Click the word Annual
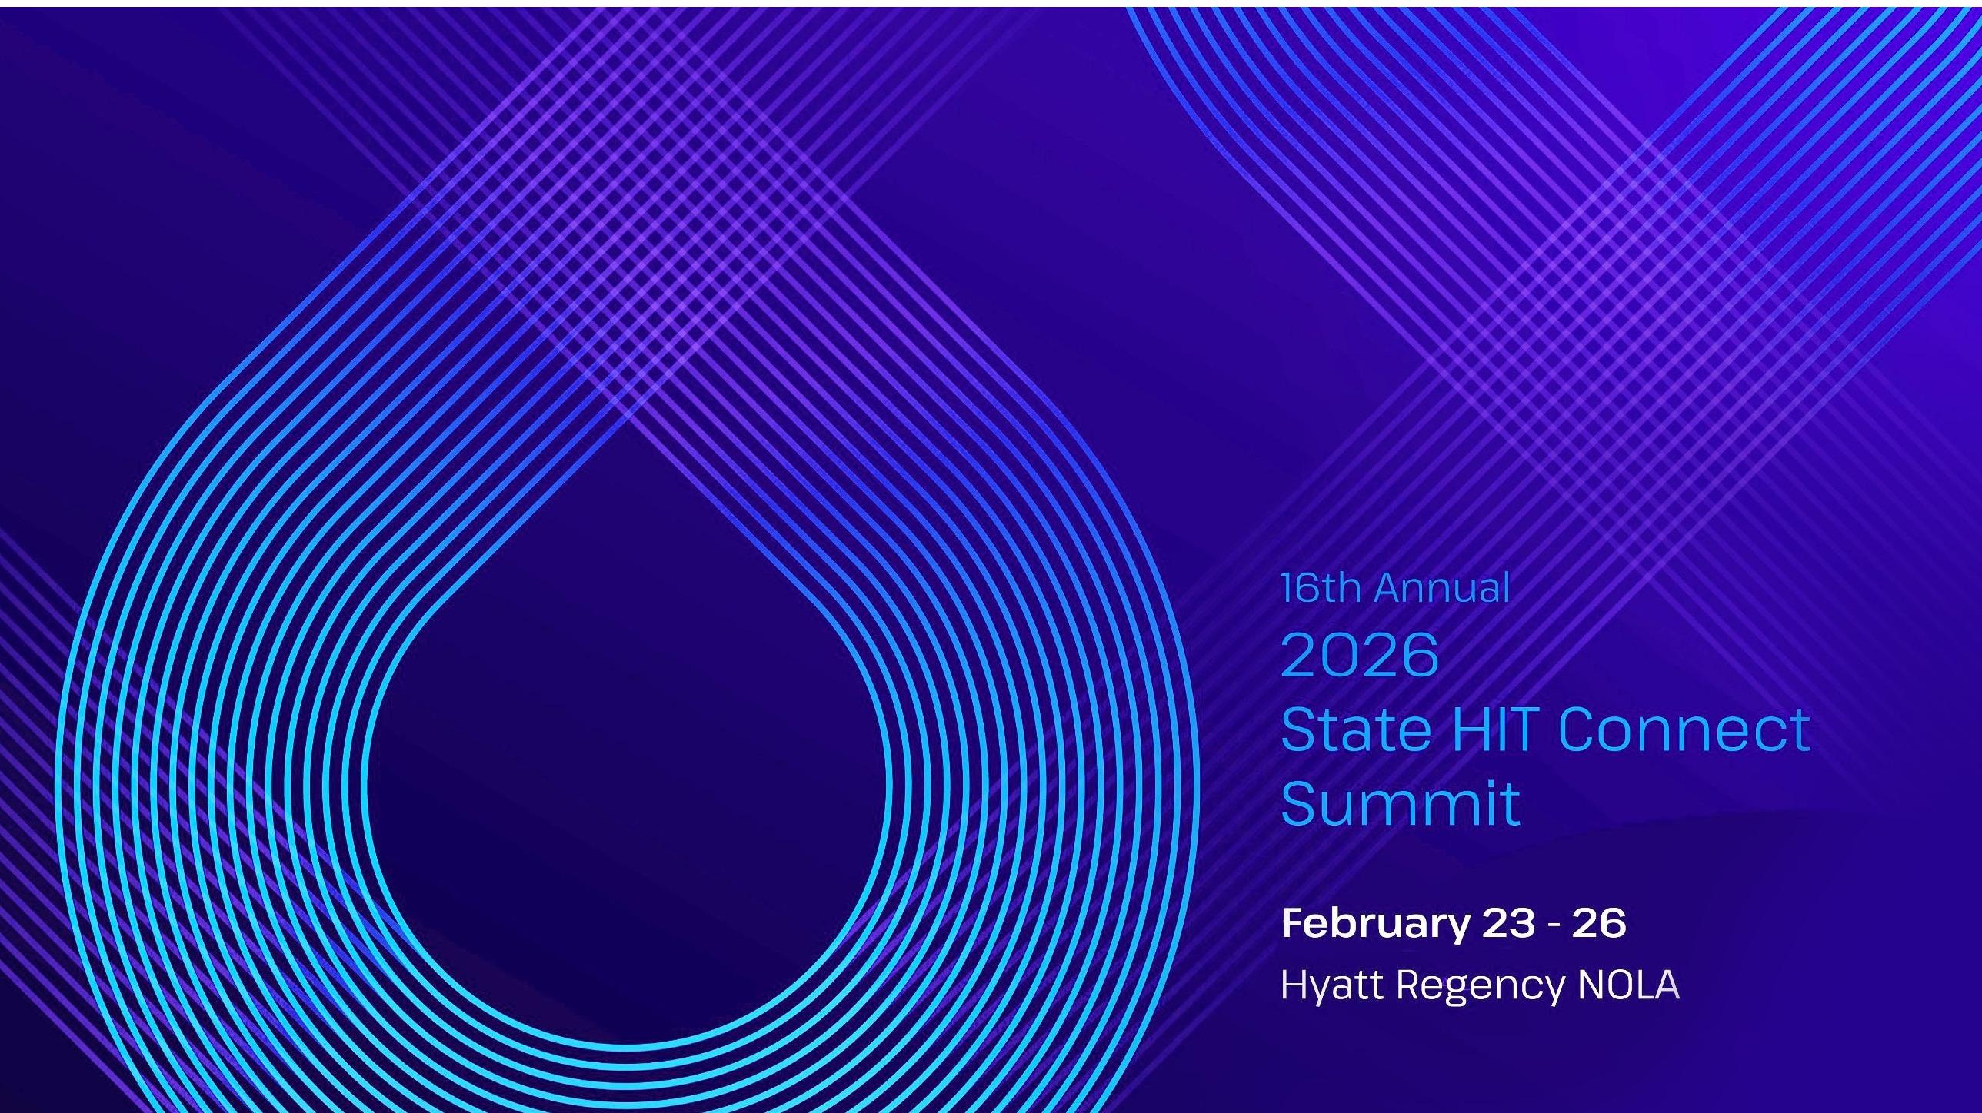pyautogui.click(x=1442, y=589)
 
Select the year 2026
pyautogui.click(x=1360, y=655)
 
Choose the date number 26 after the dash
pyautogui.click(x=1599, y=923)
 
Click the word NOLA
pyautogui.click(x=1628, y=985)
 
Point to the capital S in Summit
pyautogui.click(x=1300, y=803)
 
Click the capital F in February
pyautogui.click(x=1294, y=923)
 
